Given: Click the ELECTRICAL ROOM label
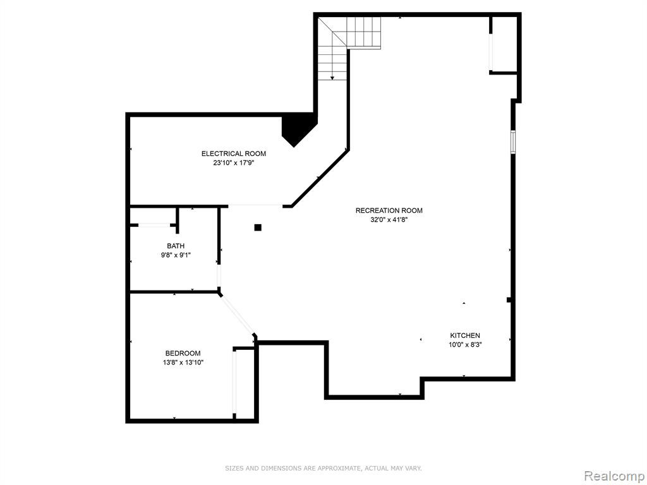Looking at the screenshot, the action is (x=234, y=153).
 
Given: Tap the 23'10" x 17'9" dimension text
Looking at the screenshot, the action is (x=234, y=163).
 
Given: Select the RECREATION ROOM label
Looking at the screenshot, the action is (x=389, y=210).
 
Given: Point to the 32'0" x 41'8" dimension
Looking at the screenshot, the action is (x=389, y=220).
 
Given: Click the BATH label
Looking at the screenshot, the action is (x=176, y=246).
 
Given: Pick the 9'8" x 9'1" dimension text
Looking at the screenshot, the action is (x=176, y=255).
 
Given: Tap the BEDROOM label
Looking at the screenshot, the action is (x=183, y=353).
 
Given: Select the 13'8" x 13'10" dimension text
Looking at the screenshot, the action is (x=183, y=362).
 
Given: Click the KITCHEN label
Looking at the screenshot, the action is (x=465, y=335).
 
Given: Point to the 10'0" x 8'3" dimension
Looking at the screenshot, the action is (x=465, y=345).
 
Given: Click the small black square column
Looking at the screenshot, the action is (x=258, y=227).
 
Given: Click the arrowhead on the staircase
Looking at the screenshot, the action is (x=332, y=78).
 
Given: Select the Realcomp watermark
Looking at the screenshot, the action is (x=614, y=476).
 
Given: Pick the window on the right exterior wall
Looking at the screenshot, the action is (x=513, y=142).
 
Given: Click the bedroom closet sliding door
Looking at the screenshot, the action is (x=234, y=382).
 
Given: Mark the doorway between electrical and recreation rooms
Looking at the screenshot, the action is (x=255, y=205).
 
